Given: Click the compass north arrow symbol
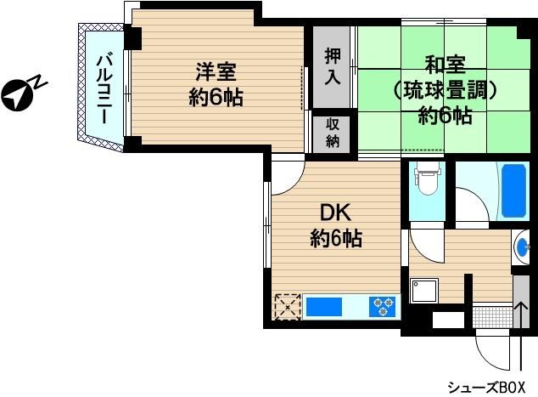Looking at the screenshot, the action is [x=18, y=95].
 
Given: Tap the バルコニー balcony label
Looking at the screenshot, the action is [x=104, y=88].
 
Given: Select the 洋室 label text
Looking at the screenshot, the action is [x=216, y=72].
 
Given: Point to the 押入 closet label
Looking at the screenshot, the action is [x=333, y=67].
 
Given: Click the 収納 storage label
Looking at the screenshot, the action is [x=333, y=133].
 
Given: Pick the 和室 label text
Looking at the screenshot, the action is [x=445, y=65].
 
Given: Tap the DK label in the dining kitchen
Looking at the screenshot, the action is [x=335, y=213].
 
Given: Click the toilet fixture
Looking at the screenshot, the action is [x=427, y=179].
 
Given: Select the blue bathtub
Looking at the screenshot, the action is [x=513, y=190].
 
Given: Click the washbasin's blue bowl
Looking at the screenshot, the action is [x=522, y=247].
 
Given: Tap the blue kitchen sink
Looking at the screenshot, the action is [x=324, y=307].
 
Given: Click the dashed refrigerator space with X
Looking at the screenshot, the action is [x=288, y=307].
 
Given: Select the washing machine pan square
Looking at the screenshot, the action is [x=424, y=291].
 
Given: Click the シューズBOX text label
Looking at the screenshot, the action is [x=486, y=388].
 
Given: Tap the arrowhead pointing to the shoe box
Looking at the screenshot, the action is [x=521, y=305].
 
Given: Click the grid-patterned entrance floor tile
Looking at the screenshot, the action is [x=492, y=317].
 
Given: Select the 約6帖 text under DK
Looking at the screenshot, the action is [x=336, y=238].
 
